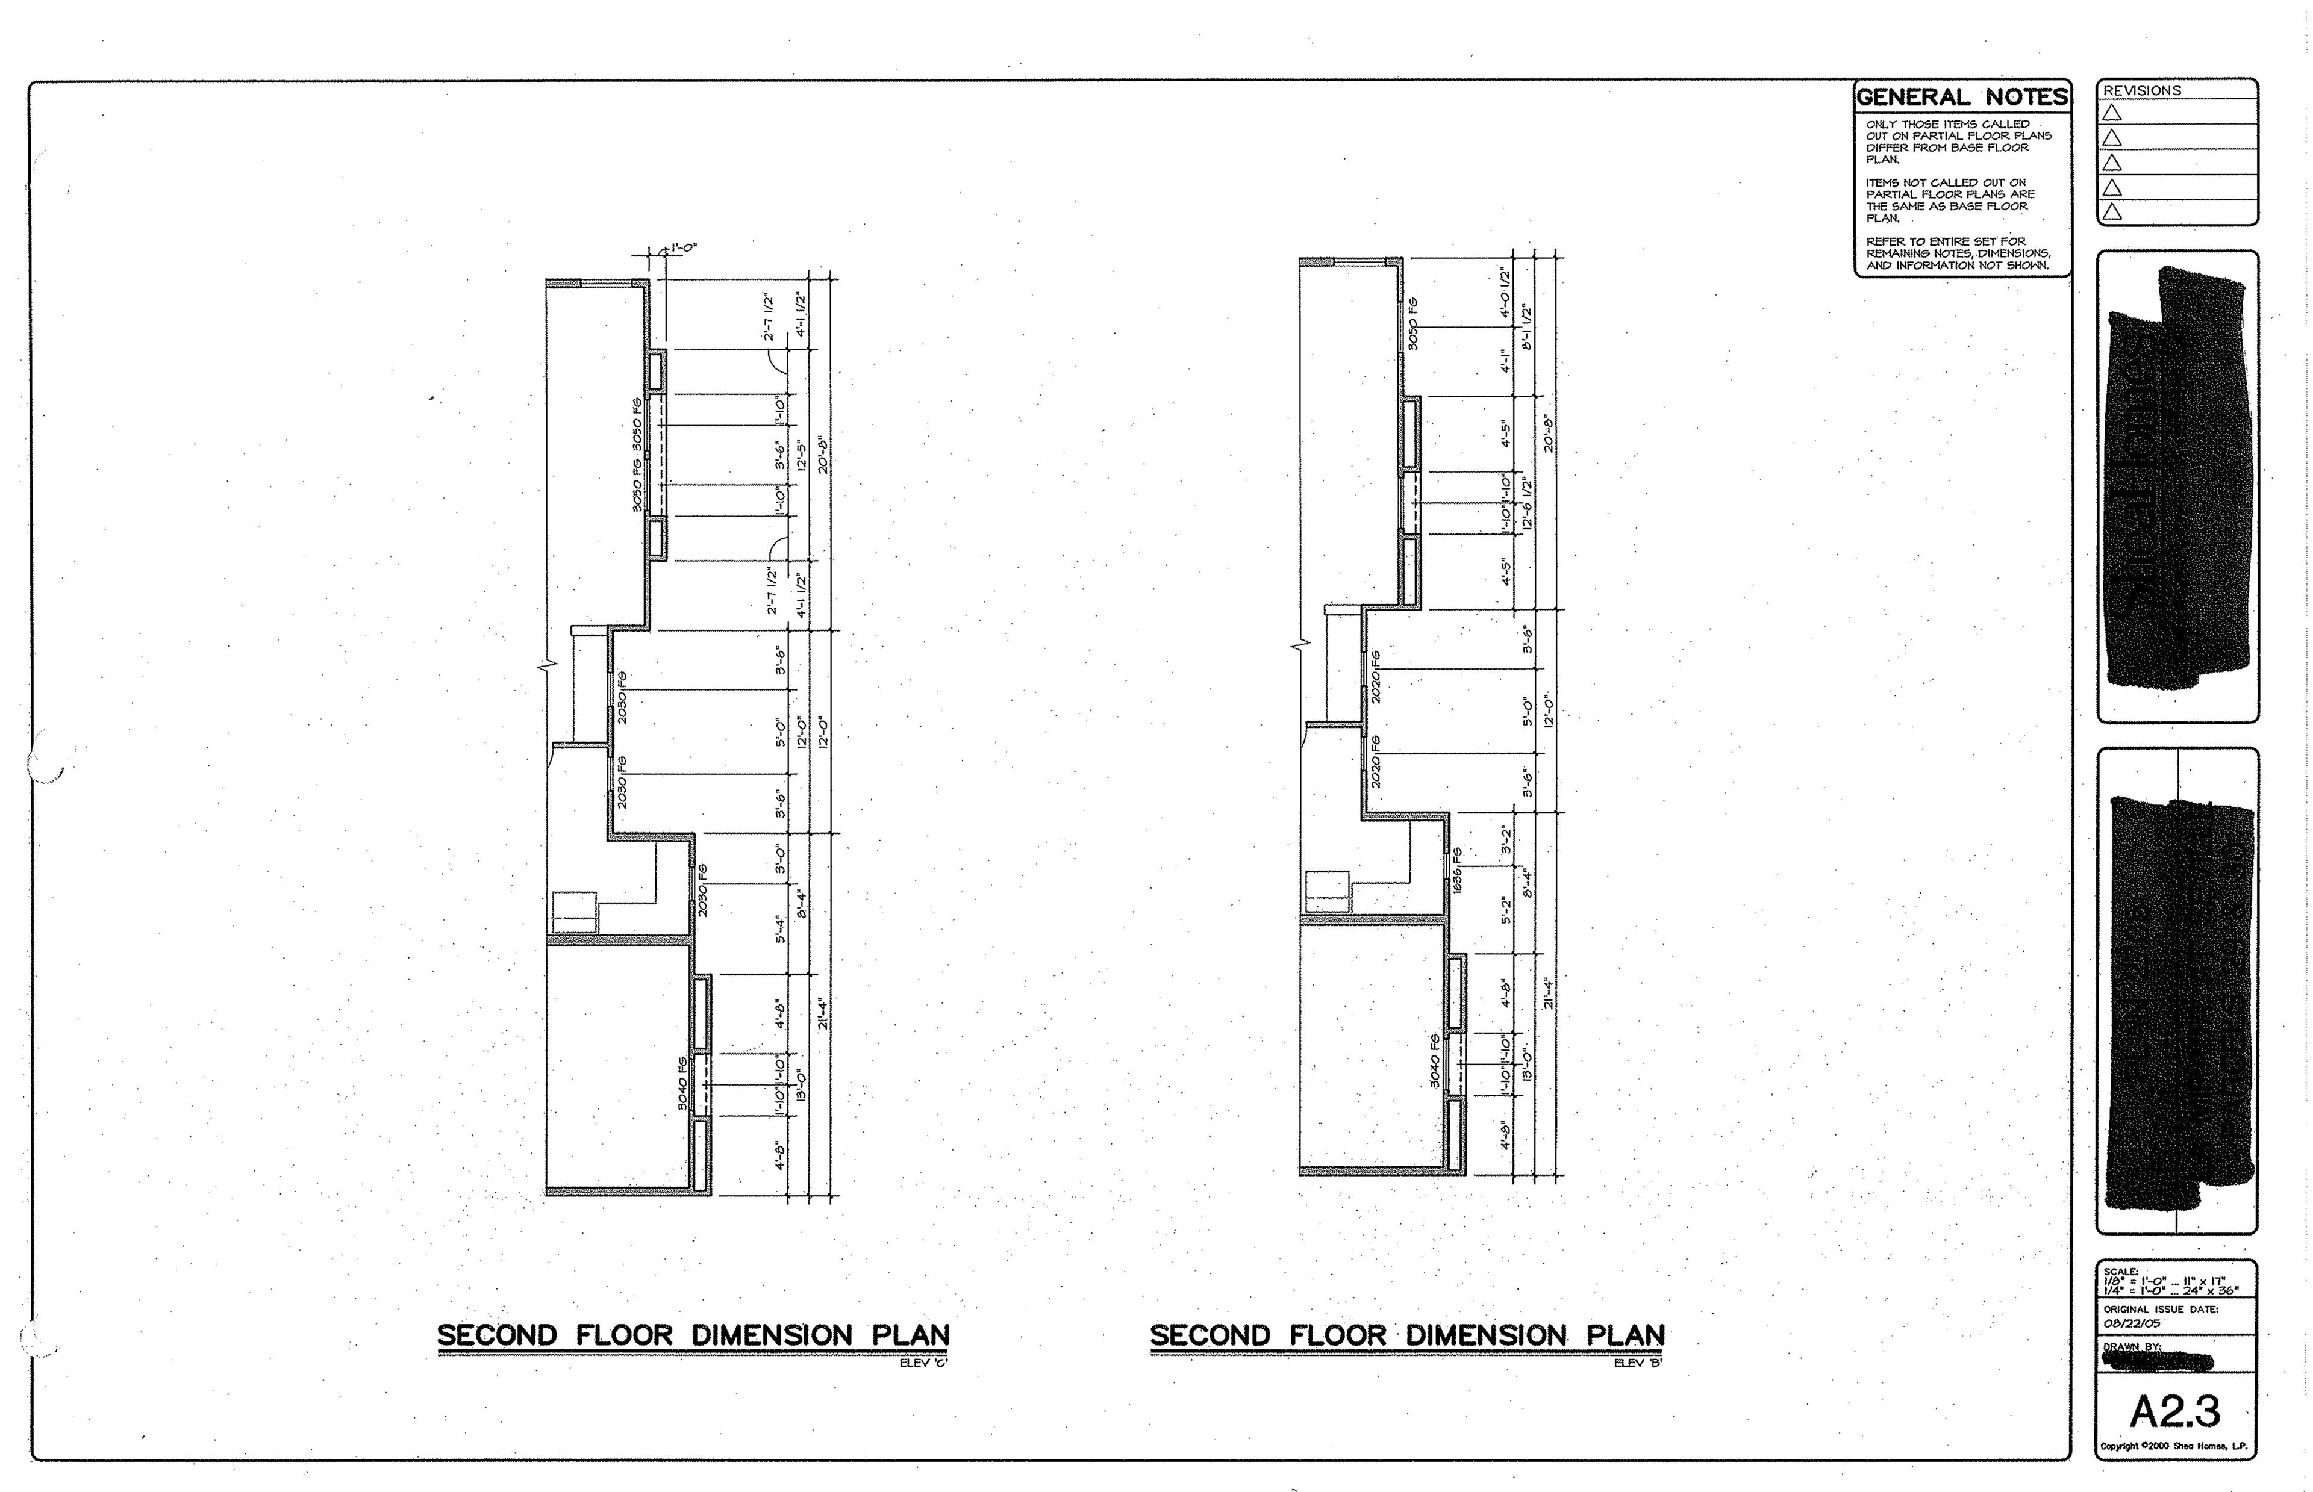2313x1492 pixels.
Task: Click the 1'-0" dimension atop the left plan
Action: point(683,248)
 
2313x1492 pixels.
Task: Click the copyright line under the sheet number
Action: point(2173,1446)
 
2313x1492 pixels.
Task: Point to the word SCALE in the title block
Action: point(2120,1271)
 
